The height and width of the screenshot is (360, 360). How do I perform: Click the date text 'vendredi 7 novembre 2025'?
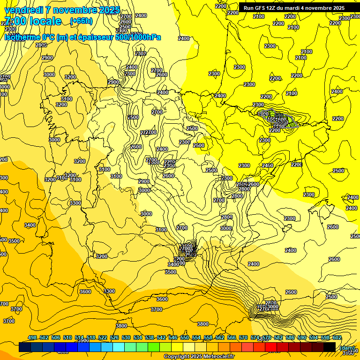pos(62,10)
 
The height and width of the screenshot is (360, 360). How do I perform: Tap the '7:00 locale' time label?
pos(33,21)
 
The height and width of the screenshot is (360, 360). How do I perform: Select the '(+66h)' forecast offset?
pos(81,21)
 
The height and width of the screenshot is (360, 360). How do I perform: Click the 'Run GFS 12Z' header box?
pos(294,7)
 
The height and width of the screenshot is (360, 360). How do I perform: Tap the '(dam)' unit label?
pos(347,347)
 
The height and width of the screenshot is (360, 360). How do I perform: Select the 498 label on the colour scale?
pos(32,337)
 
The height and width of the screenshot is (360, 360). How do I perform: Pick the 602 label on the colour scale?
pos(337,337)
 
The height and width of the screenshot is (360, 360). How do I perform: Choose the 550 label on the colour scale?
pos(185,337)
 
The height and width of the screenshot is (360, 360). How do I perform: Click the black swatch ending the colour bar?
pos(329,347)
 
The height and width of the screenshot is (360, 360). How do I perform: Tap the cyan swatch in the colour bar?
pos(118,347)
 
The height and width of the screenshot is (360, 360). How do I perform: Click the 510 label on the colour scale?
pos(67,337)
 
